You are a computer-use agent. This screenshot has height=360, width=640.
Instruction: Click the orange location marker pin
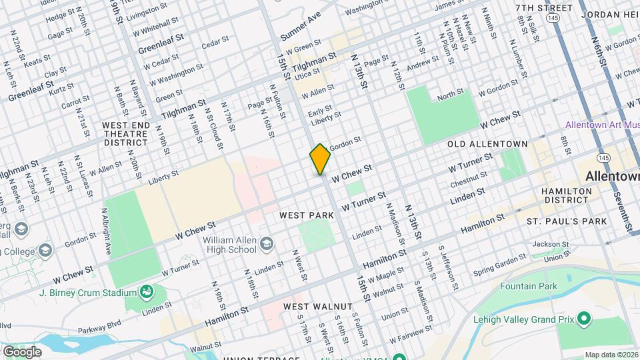320,159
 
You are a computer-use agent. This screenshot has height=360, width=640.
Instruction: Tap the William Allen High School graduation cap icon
267,243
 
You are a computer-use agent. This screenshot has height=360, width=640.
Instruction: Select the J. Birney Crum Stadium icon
145,291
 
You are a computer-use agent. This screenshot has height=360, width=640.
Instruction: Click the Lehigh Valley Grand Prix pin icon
584,319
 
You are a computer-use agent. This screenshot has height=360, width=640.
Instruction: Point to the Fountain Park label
529,286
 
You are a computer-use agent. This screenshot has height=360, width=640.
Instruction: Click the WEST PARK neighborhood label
307,215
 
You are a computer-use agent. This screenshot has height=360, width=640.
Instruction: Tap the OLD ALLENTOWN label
487,144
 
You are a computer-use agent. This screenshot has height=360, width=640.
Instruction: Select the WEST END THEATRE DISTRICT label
125,133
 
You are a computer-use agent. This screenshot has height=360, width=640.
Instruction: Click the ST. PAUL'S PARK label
567,221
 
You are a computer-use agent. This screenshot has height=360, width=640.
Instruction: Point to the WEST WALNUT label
317,306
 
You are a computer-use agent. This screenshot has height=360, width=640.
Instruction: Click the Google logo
21,351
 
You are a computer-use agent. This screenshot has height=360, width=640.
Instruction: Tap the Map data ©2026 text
610,355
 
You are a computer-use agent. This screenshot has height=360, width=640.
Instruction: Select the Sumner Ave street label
301,25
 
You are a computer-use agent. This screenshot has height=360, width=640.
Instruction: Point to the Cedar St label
215,43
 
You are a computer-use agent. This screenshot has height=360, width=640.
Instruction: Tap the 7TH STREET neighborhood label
543,8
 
